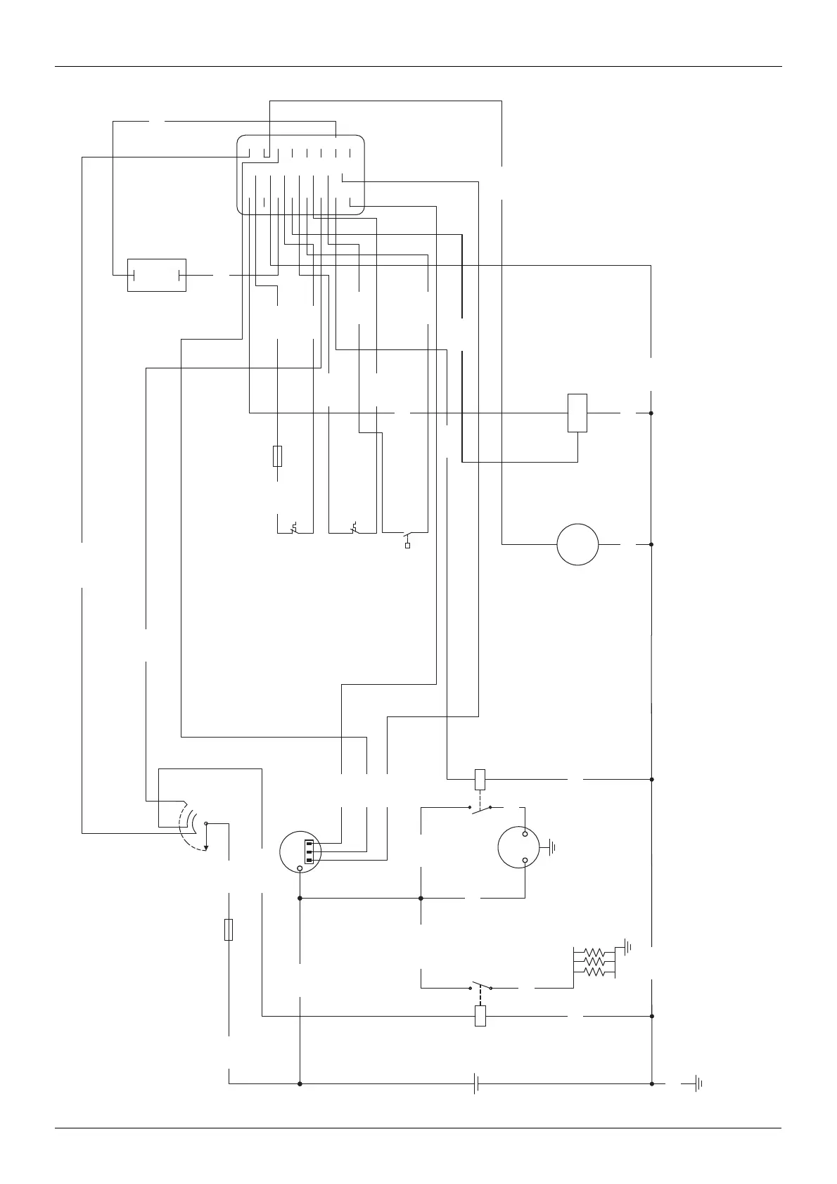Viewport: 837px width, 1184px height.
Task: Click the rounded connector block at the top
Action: click(301, 174)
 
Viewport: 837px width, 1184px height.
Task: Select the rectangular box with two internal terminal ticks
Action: click(156, 275)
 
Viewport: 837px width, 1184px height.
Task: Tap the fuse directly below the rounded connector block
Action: click(278, 456)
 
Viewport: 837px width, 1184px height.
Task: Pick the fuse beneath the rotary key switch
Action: click(229, 929)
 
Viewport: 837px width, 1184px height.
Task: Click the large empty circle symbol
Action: click(577, 544)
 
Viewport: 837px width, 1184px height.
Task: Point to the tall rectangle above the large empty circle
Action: click(577, 413)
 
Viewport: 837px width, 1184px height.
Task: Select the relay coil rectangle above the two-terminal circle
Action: click(480, 779)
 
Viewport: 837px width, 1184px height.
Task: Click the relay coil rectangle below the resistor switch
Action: click(480, 1016)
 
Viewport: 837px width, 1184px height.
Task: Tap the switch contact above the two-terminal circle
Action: click(480, 810)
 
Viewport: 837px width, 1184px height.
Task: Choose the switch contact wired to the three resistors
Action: click(480, 984)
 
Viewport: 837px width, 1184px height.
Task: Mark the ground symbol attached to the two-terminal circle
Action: click(551, 847)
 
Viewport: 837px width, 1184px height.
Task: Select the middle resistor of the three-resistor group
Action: click(594, 961)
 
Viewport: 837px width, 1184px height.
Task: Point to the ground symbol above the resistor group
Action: click(627, 947)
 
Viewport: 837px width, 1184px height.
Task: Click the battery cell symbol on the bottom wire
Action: click(476, 1083)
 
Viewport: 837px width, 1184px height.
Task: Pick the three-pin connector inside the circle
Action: click(309, 851)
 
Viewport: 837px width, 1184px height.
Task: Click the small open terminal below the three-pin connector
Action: click(300, 869)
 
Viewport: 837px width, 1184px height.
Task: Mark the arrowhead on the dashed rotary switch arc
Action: click(205, 849)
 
